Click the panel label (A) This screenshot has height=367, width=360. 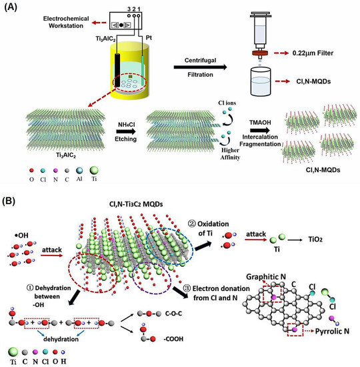click(x=13, y=7)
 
